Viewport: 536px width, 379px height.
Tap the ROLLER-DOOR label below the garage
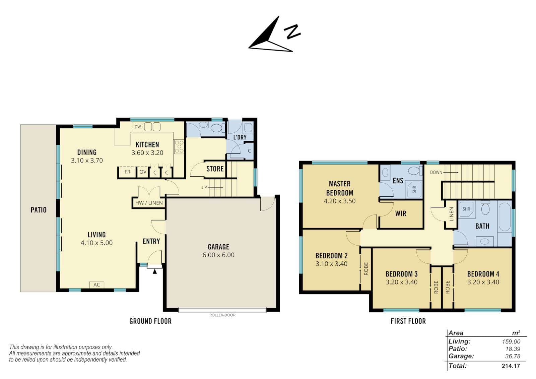click(x=222, y=315)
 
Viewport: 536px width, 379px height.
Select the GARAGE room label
click(x=218, y=247)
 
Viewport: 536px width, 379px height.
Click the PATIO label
click(x=39, y=210)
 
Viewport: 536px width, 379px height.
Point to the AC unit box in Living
click(x=97, y=285)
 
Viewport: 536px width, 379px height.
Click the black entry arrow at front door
click(x=155, y=271)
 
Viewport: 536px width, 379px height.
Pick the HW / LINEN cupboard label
click(x=149, y=203)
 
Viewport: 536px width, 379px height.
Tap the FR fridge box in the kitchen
click(x=127, y=172)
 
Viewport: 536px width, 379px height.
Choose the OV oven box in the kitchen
click(x=143, y=172)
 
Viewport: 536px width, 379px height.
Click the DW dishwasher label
click(x=138, y=127)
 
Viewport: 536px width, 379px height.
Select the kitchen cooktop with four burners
click(x=179, y=146)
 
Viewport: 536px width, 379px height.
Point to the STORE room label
click(x=215, y=169)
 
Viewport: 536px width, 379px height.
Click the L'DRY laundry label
click(x=240, y=137)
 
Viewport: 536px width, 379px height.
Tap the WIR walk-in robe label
click(x=401, y=213)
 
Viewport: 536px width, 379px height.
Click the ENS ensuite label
click(x=398, y=181)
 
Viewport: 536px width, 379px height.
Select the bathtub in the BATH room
click(x=505, y=217)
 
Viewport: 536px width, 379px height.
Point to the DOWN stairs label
click(x=436, y=172)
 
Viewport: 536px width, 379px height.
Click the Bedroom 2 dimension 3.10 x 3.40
click(x=331, y=264)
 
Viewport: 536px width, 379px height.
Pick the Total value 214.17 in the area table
click(x=511, y=366)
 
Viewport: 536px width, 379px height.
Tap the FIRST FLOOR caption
click(x=408, y=321)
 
